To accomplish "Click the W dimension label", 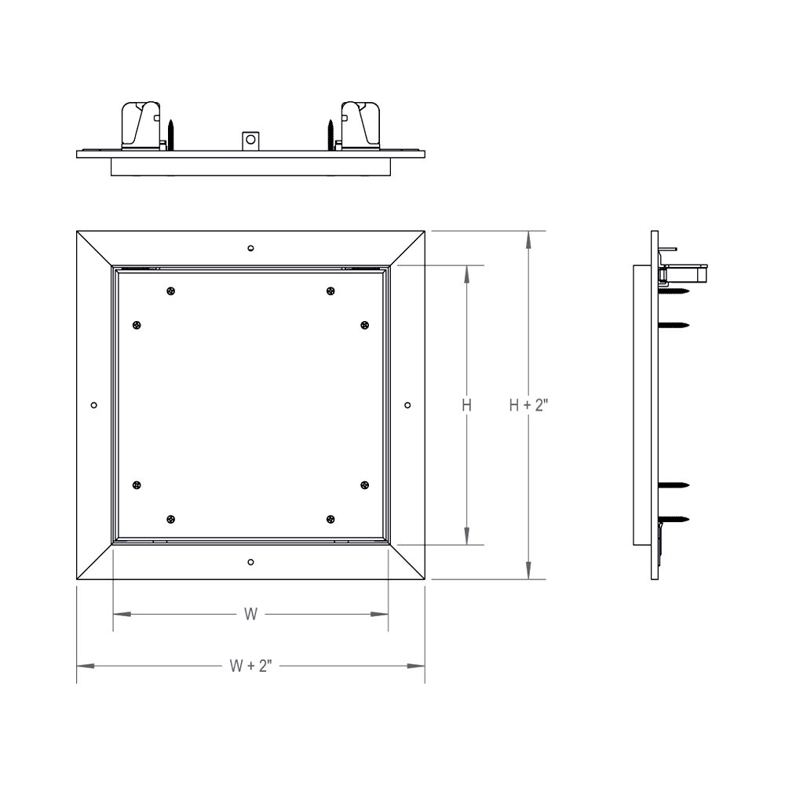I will pyautogui.click(x=250, y=615).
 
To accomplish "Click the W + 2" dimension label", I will pyautogui.click(x=250, y=666).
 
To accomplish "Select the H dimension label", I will pyautogui.click(x=466, y=405).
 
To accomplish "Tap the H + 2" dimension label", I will pyautogui.click(x=528, y=405).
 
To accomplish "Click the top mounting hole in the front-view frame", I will pyautogui.click(x=250, y=249).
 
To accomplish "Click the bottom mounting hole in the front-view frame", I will pyautogui.click(x=250, y=561).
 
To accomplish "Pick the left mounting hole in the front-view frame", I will pyautogui.click(x=94, y=405).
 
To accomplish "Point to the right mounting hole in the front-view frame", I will pyautogui.click(x=407, y=405).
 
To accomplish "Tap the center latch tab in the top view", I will pyautogui.click(x=250, y=141).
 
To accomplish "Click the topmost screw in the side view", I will pyautogui.click(x=675, y=290).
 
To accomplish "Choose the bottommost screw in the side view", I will pyautogui.click(x=675, y=519).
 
